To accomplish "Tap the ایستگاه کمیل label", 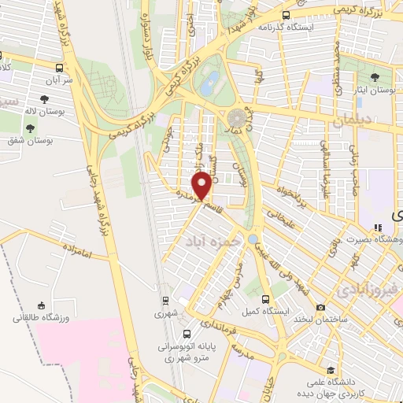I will click(x=266, y=312).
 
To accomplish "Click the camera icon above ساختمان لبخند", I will click(x=320, y=307).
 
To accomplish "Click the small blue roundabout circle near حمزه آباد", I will click(x=253, y=238).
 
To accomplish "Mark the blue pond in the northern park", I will click(x=211, y=83).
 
